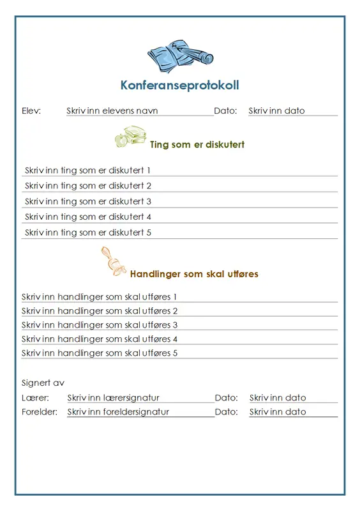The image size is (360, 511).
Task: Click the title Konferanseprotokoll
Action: pyautogui.click(x=179, y=85)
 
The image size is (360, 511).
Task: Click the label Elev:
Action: pyautogui.click(x=31, y=111)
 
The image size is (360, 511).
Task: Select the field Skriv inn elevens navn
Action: pyautogui.click(x=112, y=111)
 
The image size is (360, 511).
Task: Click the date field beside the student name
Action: pyautogui.click(x=277, y=111)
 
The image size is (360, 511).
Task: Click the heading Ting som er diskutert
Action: pyautogui.click(x=197, y=144)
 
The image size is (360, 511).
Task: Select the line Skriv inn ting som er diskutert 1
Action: pyautogui.click(x=88, y=171)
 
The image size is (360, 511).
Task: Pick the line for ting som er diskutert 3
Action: pyautogui.click(x=88, y=201)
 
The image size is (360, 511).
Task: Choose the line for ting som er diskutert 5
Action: pyautogui.click(x=88, y=233)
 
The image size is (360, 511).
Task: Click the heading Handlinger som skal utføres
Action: pyautogui.click(x=194, y=274)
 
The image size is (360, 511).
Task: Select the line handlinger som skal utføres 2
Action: pyautogui.click(x=100, y=311)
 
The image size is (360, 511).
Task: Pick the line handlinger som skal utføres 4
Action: pyautogui.click(x=100, y=339)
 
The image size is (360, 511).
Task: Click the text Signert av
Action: pyautogui.click(x=43, y=383)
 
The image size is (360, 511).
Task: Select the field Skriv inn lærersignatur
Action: pyautogui.click(x=114, y=397)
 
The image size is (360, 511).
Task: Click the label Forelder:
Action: pyautogui.click(x=40, y=412)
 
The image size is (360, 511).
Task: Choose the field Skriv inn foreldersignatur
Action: pyautogui.click(x=119, y=412)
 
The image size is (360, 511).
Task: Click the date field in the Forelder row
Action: pyautogui.click(x=278, y=412)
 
